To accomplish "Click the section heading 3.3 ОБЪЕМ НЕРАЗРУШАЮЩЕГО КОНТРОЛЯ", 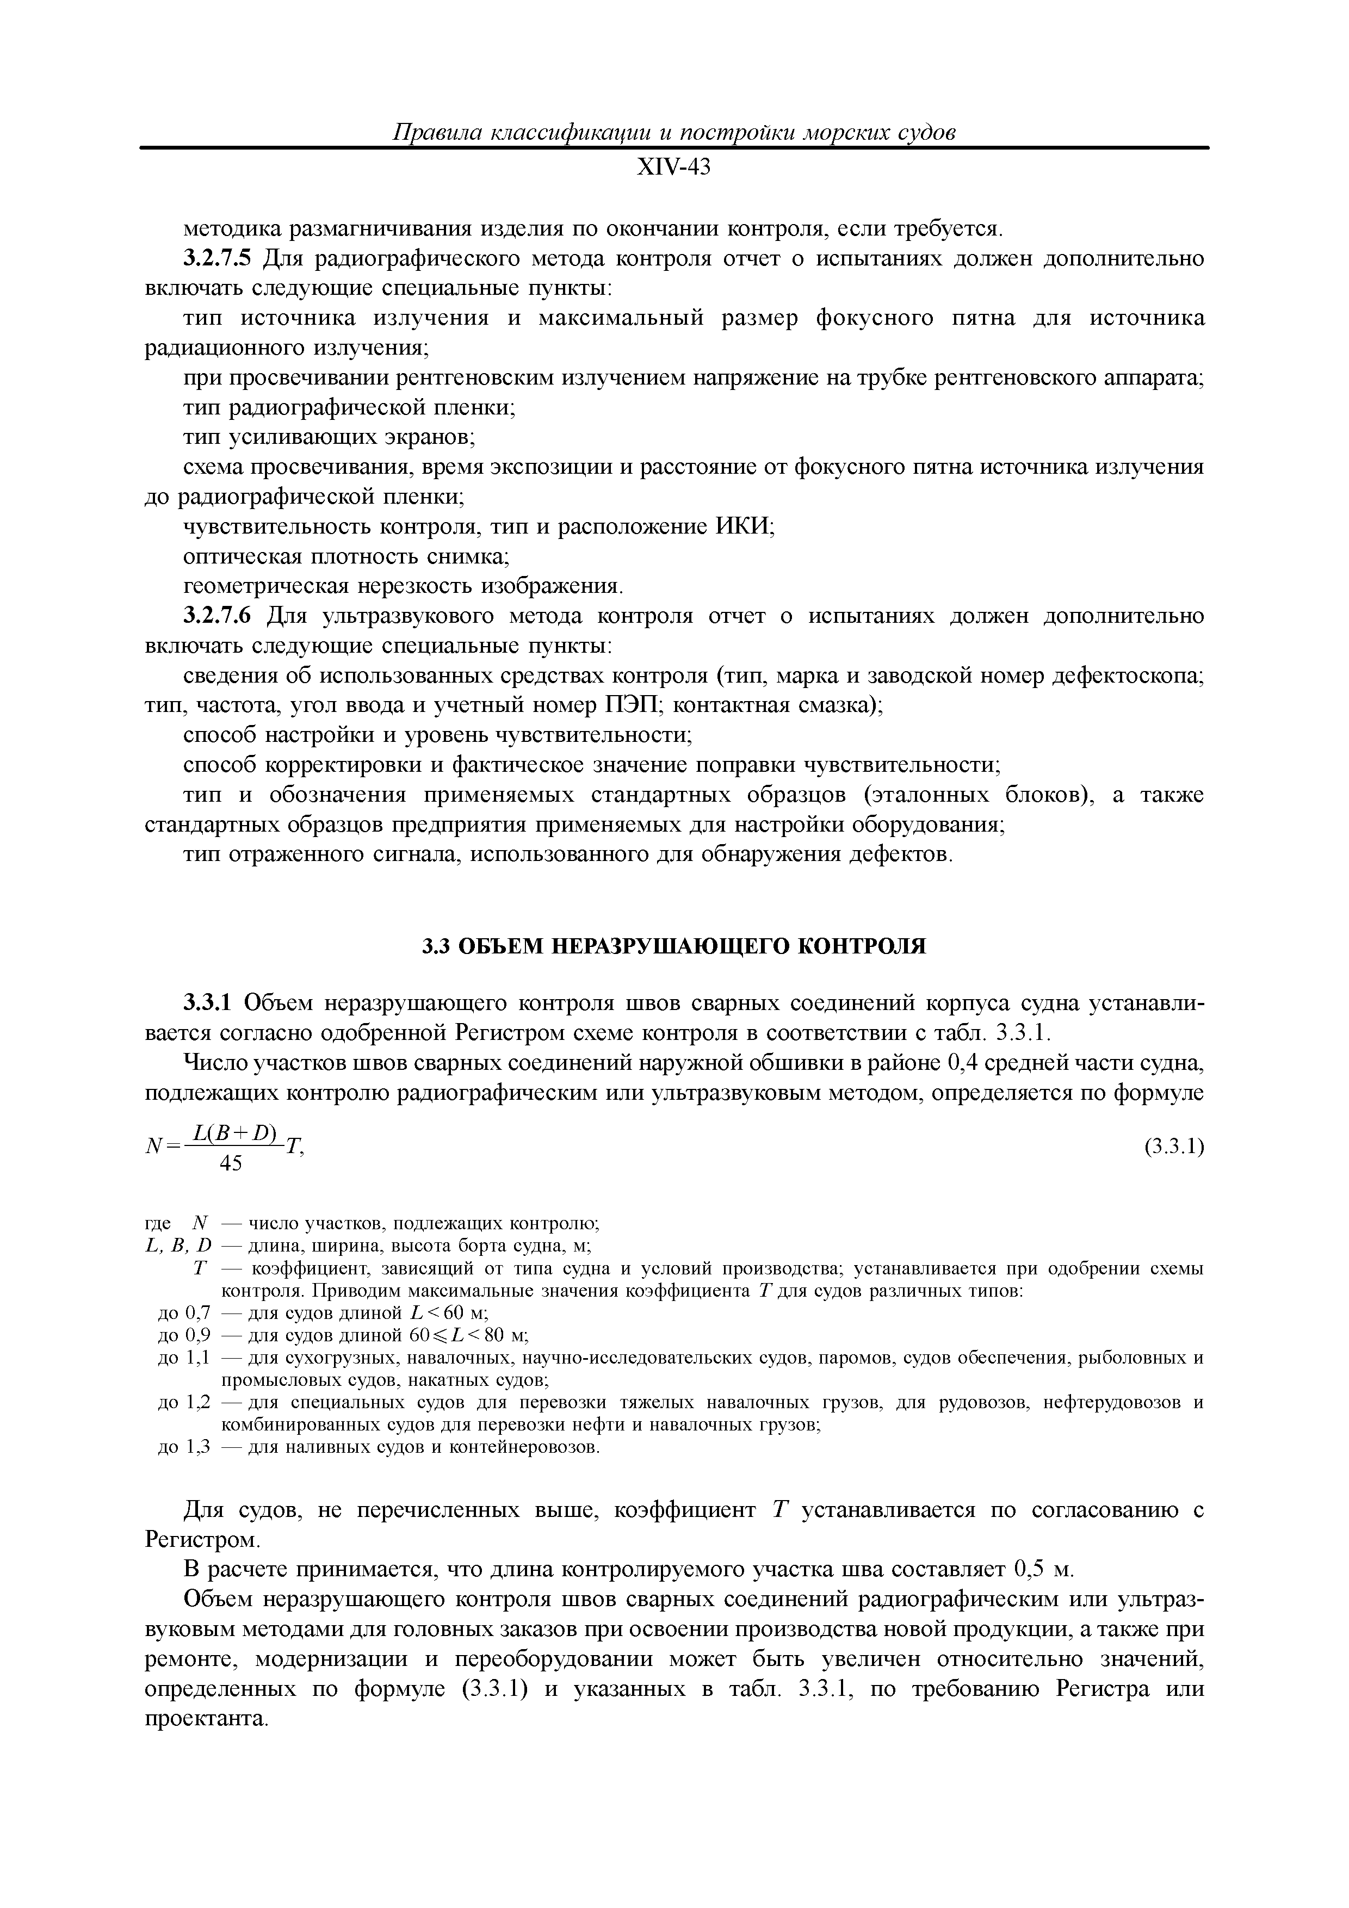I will pos(673,946).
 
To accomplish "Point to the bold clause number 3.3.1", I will pos(209,1003).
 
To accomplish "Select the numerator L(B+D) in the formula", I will pos(235,1132).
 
